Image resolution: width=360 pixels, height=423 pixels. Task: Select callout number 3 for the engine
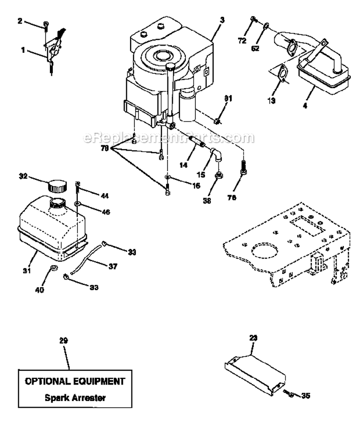click(x=222, y=20)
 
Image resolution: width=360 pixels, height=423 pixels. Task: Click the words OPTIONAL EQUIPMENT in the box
click(x=74, y=382)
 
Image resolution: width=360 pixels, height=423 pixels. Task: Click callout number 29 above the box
click(x=63, y=341)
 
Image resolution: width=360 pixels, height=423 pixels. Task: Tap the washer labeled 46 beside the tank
click(x=77, y=205)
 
